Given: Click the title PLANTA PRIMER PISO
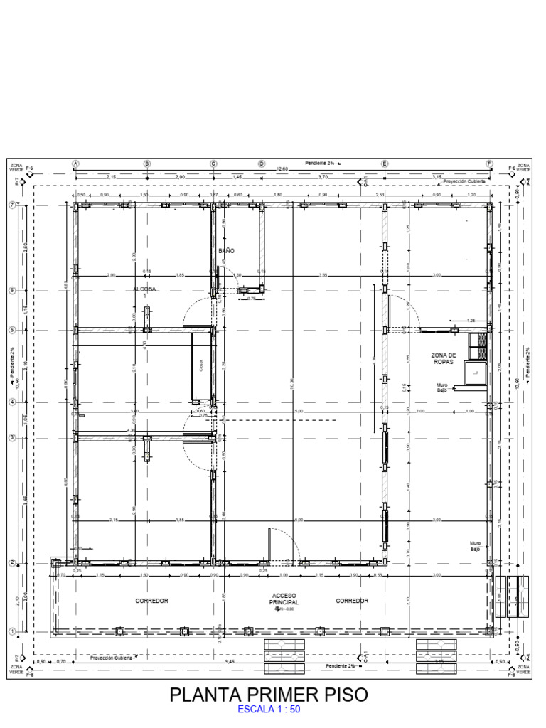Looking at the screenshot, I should point(269,695).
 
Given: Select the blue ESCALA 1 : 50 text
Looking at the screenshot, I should point(269,710).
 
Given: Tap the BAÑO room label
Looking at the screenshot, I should point(226,251).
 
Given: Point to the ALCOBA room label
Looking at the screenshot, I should point(144,289).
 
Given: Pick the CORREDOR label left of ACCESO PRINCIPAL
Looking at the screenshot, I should point(151,601).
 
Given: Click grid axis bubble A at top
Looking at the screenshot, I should point(75,164).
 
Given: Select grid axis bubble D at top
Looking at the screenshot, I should point(261,164).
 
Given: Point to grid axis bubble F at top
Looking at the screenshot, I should point(489,164).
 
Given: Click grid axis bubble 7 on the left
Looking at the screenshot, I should point(11,205).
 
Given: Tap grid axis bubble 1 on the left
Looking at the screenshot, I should point(11,631).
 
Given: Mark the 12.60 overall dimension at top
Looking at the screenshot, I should point(282,169).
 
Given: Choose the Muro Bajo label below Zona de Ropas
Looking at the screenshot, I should point(442,387).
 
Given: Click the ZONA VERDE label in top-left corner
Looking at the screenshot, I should point(16,167).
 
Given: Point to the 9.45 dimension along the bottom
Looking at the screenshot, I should point(230,662).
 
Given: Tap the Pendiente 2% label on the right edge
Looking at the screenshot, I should point(528,362).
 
